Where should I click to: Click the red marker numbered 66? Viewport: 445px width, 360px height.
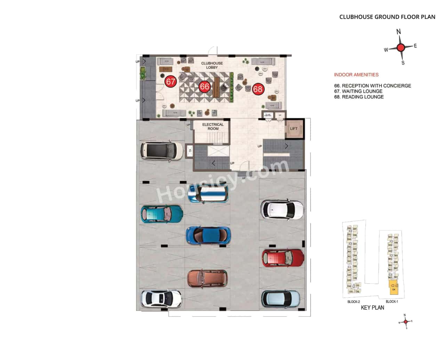pyautogui.click(x=204, y=87)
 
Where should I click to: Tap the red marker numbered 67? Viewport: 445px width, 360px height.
pyautogui.click(x=171, y=82)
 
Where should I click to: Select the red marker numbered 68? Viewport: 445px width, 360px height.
pyautogui.click(x=258, y=89)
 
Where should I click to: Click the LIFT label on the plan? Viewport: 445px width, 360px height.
pyautogui.click(x=294, y=129)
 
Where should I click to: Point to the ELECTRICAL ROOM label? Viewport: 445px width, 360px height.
pyautogui.click(x=213, y=126)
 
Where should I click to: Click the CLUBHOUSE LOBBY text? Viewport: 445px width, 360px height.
pyautogui.click(x=212, y=65)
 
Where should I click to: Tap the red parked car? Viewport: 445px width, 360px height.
pyautogui.click(x=283, y=258)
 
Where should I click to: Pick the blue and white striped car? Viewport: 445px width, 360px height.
pyautogui.click(x=208, y=194)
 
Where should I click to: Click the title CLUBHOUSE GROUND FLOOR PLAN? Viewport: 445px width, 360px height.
pyautogui.click(x=387, y=17)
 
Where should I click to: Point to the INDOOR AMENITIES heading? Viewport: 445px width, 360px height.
pyautogui.click(x=356, y=74)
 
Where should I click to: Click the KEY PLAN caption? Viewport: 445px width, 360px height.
pyautogui.click(x=372, y=308)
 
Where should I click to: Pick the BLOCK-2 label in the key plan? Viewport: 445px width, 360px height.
pyautogui.click(x=353, y=302)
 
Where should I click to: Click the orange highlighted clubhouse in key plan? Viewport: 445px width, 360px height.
pyautogui.click(x=394, y=287)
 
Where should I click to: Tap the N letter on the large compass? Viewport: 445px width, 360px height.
pyautogui.click(x=399, y=32)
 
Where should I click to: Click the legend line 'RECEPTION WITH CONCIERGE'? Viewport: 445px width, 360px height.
pyautogui.click(x=372, y=86)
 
